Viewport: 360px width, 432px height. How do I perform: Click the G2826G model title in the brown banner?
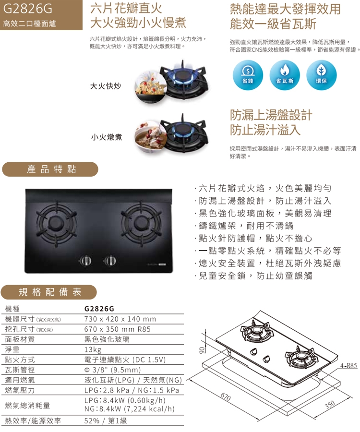pyautogui.click(x=27, y=9)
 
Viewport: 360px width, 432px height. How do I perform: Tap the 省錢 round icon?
pyautogui.click(x=248, y=75)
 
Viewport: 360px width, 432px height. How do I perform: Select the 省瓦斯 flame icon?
pyautogui.click(x=285, y=75)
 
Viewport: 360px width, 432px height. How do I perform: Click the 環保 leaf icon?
pyautogui.click(x=322, y=75)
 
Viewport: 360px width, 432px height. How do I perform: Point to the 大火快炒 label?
pyautogui.click(x=106, y=86)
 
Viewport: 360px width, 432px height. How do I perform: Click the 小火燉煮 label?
pyautogui.click(x=107, y=137)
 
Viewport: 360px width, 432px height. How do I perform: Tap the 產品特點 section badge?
pyautogui.click(x=50, y=169)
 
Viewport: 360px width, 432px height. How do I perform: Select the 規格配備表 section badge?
pyautogui.click(x=49, y=292)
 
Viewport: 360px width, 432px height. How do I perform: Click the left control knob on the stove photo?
pyautogui.click(x=85, y=260)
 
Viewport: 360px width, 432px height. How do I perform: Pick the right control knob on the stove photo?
pyautogui.click(x=110, y=260)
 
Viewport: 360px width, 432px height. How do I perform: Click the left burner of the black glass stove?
pyautogui.click(x=56, y=222)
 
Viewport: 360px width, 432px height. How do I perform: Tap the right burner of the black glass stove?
pyautogui.click(x=141, y=222)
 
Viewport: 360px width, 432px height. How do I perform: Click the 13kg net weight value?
pyautogui.click(x=93, y=349)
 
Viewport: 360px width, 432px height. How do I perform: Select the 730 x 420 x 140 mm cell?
pyautogui.click(x=120, y=319)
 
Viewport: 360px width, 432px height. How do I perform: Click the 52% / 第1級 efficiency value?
pyautogui.click(x=106, y=420)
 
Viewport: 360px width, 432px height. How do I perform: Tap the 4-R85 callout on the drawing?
pyautogui.click(x=348, y=366)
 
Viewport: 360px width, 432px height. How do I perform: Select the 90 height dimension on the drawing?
pyautogui.click(x=202, y=350)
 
